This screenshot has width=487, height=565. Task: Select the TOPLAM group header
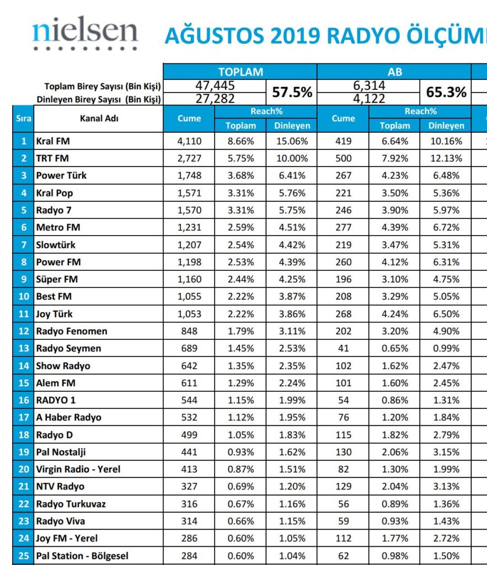pyautogui.click(x=240, y=72)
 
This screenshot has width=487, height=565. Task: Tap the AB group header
pyautogui.click(x=394, y=72)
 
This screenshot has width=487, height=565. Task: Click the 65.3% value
pyautogui.click(x=446, y=93)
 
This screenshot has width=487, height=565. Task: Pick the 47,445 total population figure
pyautogui.click(x=215, y=86)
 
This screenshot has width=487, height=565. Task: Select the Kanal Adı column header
pyautogui.click(x=99, y=118)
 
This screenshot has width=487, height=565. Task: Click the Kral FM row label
pyautogui.click(x=53, y=141)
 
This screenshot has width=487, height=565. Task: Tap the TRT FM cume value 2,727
pyautogui.click(x=189, y=158)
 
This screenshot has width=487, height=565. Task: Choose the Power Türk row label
pyautogui.click(x=61, y=175)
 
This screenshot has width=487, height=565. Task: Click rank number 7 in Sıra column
pyautogui.click(x=23, y=244)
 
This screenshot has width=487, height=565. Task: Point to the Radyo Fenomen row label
pyautogui.click(x=72, y=331)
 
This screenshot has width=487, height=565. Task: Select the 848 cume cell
pyautogui.click(x=189, y=331)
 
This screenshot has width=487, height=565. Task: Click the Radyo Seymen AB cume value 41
pyautogui.click(x=344, y=348)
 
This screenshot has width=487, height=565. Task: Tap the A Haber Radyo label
pyautogui.click(x=69, y=418)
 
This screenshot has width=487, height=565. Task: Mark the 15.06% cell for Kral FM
pyautogui.click(x=292, y=141)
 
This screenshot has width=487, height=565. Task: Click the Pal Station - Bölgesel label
pyautogui.click(x=82, y=556)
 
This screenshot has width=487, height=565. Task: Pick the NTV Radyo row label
pyautogui.click(x=60, y=487)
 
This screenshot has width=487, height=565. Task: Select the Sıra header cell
pyautogui.click(x=23, y=118)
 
